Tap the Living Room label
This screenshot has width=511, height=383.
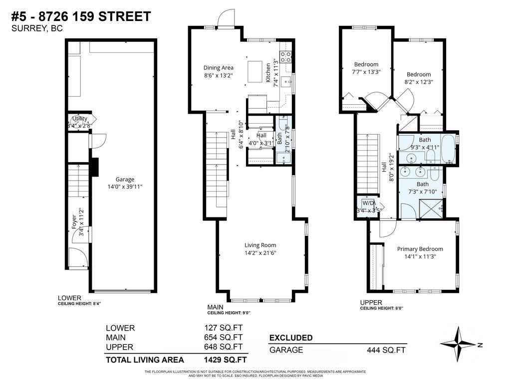pos(260,245)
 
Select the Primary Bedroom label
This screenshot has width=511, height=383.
pos(420,249)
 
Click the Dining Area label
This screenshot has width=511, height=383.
pos(218,68)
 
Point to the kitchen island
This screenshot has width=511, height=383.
pos(255,71)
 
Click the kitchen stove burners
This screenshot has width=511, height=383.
pos(286,57)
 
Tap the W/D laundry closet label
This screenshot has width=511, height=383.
pos(368,203)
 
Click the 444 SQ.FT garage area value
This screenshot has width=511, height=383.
pos(386,350)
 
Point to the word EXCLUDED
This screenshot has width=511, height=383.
pos(291,338)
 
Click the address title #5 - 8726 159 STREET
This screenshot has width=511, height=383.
pos(80,16)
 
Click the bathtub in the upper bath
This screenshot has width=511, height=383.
pos(448,148)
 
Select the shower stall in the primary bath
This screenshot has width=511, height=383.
pos(432,208)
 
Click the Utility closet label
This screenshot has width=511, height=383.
pos(80,119)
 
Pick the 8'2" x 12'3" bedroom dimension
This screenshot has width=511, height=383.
pos(418,82)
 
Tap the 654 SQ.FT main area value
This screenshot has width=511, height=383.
pos(223,338)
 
